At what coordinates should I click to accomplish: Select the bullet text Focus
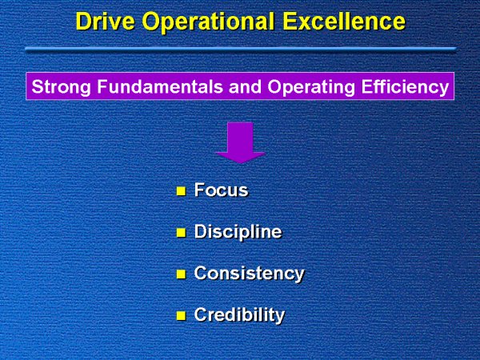tap(221, 190)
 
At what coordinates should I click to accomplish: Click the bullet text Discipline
tap(238, 232)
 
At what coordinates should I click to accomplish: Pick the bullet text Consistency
tap(249, 273)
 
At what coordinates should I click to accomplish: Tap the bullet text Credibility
tap(239, 314)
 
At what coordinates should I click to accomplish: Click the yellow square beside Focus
tap(180, 191)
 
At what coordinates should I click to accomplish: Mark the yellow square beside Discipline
tap(180, 233)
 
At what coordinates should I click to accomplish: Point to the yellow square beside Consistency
tap(180, 274)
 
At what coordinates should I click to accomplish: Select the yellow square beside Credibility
tap(180, 315)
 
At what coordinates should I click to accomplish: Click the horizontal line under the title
tap(240, 49)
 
